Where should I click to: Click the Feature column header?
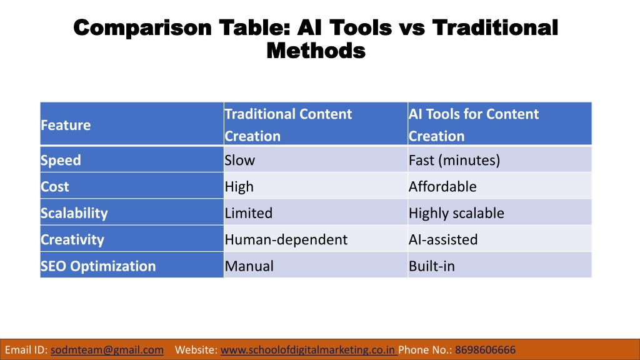[66, 125]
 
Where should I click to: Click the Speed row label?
[61, 161]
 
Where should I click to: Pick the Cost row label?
[55, 186]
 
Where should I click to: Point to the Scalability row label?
[74, 213]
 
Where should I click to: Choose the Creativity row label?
[72, 239]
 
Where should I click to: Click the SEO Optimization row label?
[98, 266]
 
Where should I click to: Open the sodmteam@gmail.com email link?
[107, 350]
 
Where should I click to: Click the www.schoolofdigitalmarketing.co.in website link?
[308, 350]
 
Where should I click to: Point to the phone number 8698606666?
[485, 350]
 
